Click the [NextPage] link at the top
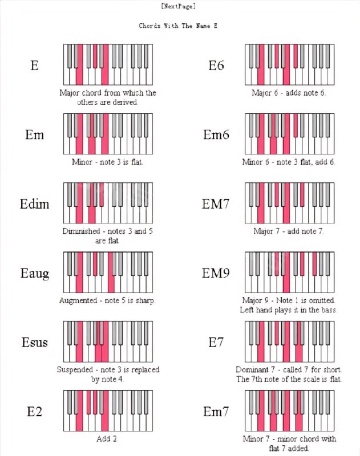[x=179, y=6]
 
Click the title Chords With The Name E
[x=178, y=26]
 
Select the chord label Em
[x=35, y=135]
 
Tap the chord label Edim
[x=35, y=204]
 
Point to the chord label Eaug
[x=35, y=273]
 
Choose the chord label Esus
[x=35, y=343]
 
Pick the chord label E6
[x=216, y=66]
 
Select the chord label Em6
[x=216, y=135]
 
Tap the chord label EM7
[x=216, y=204]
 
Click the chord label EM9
[x=216, y=273]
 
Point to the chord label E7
[x=216, y=343]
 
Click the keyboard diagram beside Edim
[x=108, y=203]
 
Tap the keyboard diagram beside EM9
[x=290, y=272]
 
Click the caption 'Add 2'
[x=108, y=439]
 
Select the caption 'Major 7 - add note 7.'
[x=289, y=231]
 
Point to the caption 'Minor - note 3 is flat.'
[x=108, y=162]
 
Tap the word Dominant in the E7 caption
[x=253, y=370]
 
